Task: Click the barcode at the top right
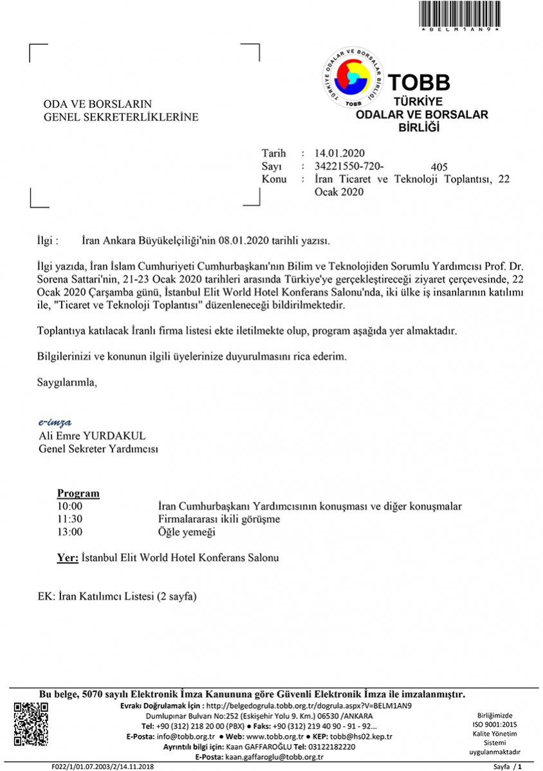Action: pyautogui.click(x=459, y=13)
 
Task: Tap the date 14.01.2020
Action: pyautogui.click(x=340, y=153)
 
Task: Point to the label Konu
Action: pyautogui.click(x=274, y=179)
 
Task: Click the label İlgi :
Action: pyautogui.click(x=48, y=241)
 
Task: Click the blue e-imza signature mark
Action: pyautogui.click(x=55, y=422)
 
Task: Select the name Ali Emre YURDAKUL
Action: pyautogui.click(x=92, y=436)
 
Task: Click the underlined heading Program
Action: pyautogui.click(x=78, y=493)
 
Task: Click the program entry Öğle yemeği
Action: pyautogui.click(x=187, y=532)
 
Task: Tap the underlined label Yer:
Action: pyautogui.click(x=68, y=558)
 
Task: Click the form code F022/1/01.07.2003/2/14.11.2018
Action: pyautogui.click(x=102, y=767)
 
